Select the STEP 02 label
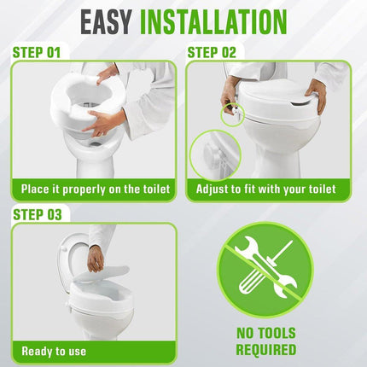[212, 53]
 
